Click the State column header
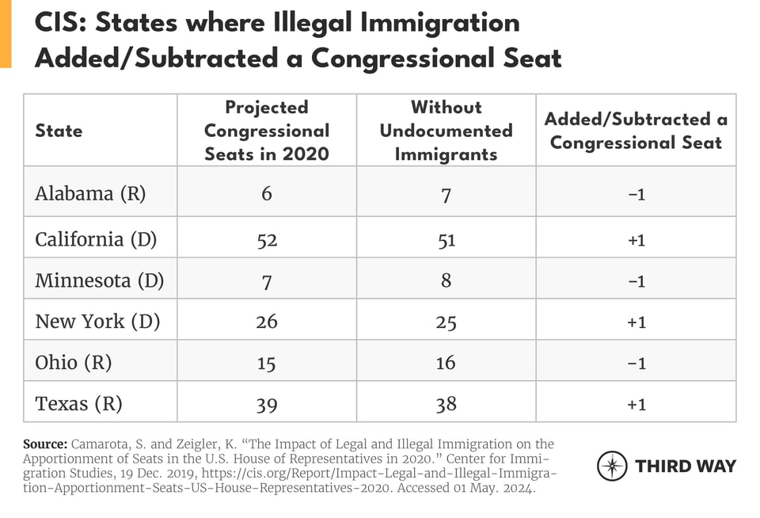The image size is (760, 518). pyautogui.click(x=59, y=131)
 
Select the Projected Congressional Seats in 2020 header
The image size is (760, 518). pyautogui.click(x=267, y=131)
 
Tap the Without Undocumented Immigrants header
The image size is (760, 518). pyautogui.click(x=446, y=131)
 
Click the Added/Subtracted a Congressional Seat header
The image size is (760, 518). pyautogui.click(x=636, y=131)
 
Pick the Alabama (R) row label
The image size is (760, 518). pyautogui.click(x=90, y=193)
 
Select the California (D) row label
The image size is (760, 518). pyautogui.click(x=97, y=238)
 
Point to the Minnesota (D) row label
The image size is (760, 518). pyautogui.click(x=99, y=280)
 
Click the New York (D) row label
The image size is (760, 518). pyautogui.click(x=97, y=321)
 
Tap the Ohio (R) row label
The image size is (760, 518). pyautogui.click(x=74, y=362)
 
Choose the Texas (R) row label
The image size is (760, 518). pyautogui.click(x=78, y=403)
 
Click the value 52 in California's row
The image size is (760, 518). pyautogui.click(x=267, y=239)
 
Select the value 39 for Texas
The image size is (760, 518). pyautogui.click(x=267, y=404)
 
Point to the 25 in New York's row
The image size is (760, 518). pyautogui.click(x=446, y=322)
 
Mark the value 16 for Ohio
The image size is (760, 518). pyautogui.click(x=446, y=363)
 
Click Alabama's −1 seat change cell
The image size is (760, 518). pyautogui.click(x=636, y=194)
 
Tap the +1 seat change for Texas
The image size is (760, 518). pyautogui.click(x=636, y=404)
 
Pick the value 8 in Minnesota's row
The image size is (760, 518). pyautogui.click(x=446, y=280)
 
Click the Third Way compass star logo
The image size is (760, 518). pyautogui.click(x=612, y=466)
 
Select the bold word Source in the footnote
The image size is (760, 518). pyautogui.click(x=44, y=444)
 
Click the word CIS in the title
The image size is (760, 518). pyautogui.click(x=60, y=23)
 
